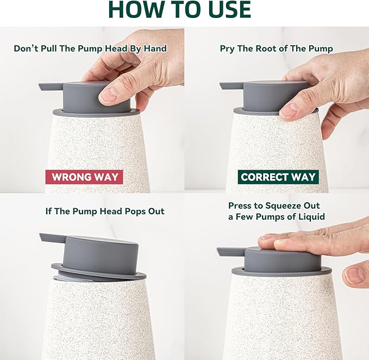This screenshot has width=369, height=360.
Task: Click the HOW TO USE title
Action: point(180,10)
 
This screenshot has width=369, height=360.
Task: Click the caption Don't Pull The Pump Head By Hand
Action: point(90,48)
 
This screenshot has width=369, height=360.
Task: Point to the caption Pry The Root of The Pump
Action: point(276,48)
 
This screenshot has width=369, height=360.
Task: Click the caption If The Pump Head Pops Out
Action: point(105,211)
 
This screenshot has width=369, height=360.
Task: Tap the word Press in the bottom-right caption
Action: point(241,206)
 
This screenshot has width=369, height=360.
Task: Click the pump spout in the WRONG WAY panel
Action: point(51,86)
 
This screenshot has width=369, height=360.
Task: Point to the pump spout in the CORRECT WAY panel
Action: point(230,85)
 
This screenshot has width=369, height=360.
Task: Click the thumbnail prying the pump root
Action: point(289,110)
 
